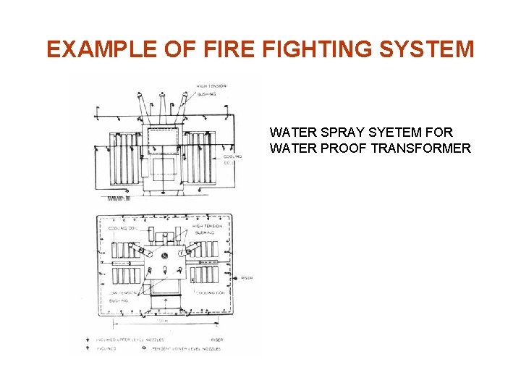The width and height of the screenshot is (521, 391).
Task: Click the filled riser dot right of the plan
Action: point(238,277)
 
